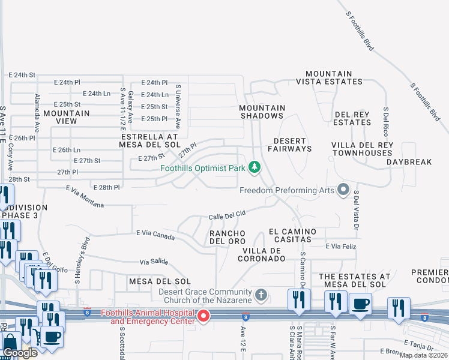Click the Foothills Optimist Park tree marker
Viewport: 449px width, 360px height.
pyautogui.click(x=255, y=167)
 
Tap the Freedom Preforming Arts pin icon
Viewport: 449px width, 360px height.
pyautogui.click(x=343, y=190)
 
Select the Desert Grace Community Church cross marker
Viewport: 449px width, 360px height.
pyautogui.click(x=261, y=295)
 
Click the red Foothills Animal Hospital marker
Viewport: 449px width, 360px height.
pyautogui.click(x=204, y=316)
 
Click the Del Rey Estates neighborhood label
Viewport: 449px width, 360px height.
pyautogui.click(x=352, y=118)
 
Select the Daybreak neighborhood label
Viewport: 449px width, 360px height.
pyautogui.click(x=409, y=162)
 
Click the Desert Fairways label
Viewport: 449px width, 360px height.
pyautogui.click(x=289, y=144)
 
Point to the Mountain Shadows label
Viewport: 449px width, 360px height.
pyautogui.click(x=262, y=112)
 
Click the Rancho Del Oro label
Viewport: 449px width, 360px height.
pyautogui.click(x=227, y=237)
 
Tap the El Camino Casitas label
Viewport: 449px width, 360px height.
pyautogui.click(x=290, y=235)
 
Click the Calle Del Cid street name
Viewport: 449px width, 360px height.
pyautogui.click(x=228, y=214)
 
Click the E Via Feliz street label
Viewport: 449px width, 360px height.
pyautogui.click(x=341, y=246)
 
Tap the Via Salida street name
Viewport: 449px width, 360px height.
pyautogui.click(x=153, y=262)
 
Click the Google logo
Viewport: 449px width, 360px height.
pyautogui.click(x=20, y=353)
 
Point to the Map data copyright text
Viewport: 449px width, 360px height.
pyautogui.click(x=423, y=355)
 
